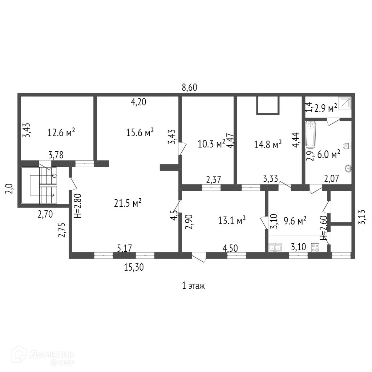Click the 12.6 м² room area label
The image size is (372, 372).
(61, 133)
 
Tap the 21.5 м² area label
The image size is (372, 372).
(128, 203)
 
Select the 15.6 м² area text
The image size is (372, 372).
(140, 133)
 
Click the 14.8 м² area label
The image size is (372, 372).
(268, 145)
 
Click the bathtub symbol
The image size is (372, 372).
(310, 135)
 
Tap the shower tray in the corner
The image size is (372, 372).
(345, 103)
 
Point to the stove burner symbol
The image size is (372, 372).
(315, 248)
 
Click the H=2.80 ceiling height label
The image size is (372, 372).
(77, 205)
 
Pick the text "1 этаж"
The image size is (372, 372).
(193, 286)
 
